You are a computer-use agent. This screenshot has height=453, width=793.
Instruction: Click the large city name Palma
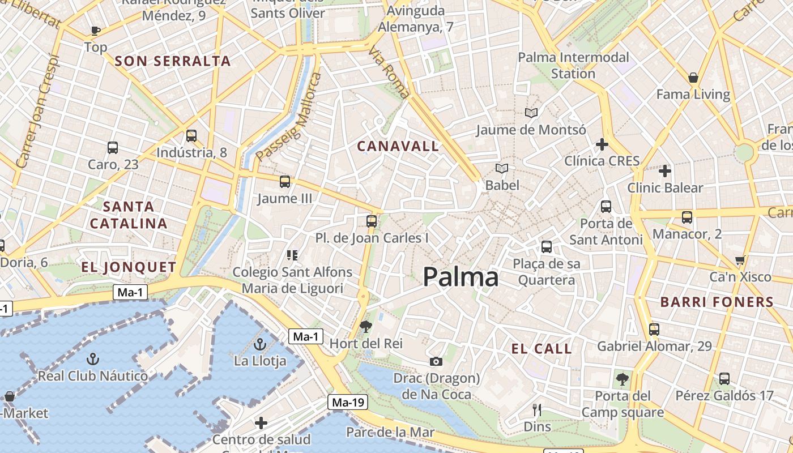pos(461,277)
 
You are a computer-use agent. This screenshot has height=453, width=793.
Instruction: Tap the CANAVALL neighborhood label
pos(398,146)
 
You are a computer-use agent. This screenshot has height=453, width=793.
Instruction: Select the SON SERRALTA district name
pos(173,61)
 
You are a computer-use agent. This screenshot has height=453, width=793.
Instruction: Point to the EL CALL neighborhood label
pos(542,349)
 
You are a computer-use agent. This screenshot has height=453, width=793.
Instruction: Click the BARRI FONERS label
pos(717,302)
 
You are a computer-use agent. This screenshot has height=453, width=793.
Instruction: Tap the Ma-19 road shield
pos(348,403)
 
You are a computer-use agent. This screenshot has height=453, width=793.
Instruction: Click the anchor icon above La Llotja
pos(259,344)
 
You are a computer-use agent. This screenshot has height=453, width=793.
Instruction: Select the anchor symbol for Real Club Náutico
pos(93,358)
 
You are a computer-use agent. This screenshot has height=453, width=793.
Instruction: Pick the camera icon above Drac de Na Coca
pos(436,361)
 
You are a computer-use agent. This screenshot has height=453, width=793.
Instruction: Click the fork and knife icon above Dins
pos(537,409)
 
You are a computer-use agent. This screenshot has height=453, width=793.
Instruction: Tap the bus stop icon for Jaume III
pos(285,182)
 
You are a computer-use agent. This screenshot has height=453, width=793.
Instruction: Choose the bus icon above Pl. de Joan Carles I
pos(372,221)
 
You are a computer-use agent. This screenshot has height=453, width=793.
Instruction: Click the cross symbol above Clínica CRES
pos(602,144)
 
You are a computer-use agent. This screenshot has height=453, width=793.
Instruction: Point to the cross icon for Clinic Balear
pos(665,170)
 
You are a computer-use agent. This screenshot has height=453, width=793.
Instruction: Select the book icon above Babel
pos(502,168)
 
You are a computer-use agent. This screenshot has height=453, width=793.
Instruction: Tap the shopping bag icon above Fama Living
pos(693,78)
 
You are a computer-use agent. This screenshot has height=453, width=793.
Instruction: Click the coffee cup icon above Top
pos(95,31)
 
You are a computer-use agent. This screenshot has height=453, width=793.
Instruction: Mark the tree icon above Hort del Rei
pos(366,326)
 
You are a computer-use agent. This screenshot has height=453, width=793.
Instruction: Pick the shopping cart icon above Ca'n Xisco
pos(740,260)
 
